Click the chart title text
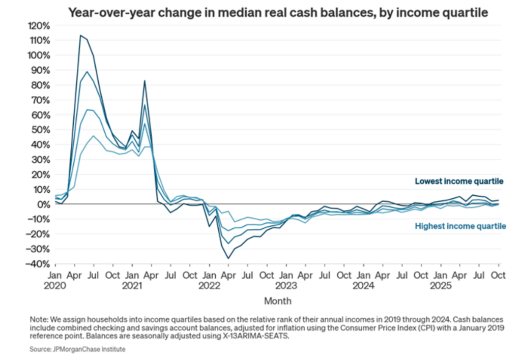278,13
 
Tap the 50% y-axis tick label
41,130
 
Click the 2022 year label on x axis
209,285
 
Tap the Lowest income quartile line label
459,181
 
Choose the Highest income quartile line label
460,226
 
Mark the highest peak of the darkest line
80,35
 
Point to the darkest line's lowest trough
228,258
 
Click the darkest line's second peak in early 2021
144,80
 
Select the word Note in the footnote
38,318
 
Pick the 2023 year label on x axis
286,285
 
